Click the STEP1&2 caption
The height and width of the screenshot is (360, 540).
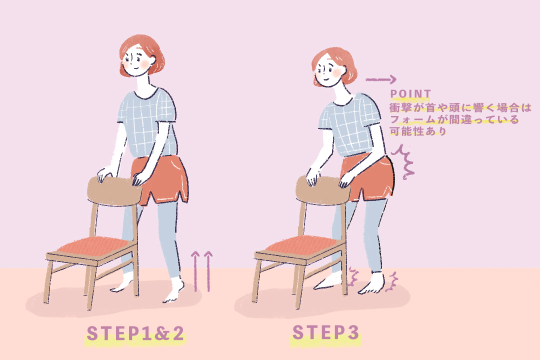point(135,333)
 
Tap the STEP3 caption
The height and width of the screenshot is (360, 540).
point(325,332)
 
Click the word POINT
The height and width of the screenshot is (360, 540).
point(410,93)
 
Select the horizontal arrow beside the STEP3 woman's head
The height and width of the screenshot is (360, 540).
point(381,79)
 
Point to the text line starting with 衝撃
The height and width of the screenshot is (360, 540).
point(460,108)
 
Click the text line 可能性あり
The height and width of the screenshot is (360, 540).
point(417,131)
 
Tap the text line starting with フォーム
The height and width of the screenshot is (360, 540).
point(454,119)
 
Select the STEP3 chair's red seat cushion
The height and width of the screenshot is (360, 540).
point(300,245)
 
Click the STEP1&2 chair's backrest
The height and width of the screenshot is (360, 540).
point(114,191)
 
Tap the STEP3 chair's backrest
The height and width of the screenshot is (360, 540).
point(322,190)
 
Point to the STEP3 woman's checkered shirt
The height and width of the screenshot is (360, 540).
point(349,125)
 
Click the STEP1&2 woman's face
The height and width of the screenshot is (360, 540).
point(137,61)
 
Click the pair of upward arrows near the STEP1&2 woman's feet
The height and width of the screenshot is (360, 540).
point(202,271)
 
